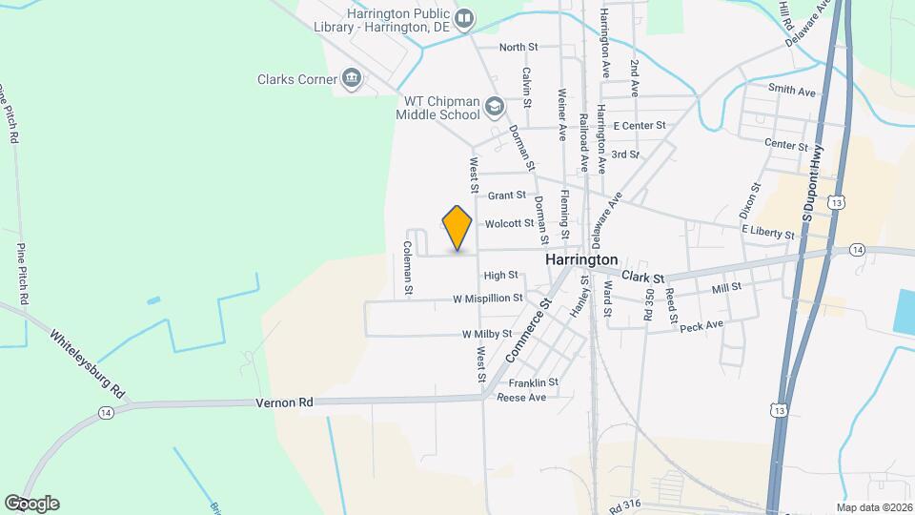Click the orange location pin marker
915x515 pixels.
click(x=457, y=227)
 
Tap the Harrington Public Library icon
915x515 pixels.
click(x=464, y=17)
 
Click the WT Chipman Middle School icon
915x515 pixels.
click(x=494, y=106)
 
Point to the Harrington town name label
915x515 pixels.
click(x=581, y=259)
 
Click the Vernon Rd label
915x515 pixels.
click(x=285, y=403)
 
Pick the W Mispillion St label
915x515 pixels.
click(x=488, y=298)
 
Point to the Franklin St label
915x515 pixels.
click(x=534, y=381)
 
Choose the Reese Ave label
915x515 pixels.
click(x=521, y=397)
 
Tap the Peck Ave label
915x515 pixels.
click(x=701, y=325)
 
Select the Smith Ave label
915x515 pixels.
click(x=793, y=92)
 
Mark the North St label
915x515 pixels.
click(x=518, y=46)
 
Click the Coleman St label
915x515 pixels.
click(x=408, y=266)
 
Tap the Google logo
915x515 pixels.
click(x=31, y=503)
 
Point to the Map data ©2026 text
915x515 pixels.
click(x=872, y=507)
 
